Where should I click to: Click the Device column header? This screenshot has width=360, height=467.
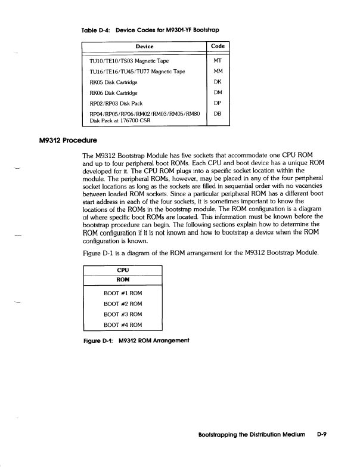[144, 47]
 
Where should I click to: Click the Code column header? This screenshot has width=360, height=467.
[218, 47]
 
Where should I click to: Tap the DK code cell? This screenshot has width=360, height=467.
[218, 82]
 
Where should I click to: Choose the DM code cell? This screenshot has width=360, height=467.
[218, 92]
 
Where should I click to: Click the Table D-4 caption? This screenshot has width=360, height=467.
[156, 29]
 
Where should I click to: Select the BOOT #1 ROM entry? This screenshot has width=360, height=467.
[123, 293]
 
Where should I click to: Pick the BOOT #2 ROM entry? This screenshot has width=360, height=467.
[123, 304]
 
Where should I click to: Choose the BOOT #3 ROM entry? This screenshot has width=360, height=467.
[123, 314]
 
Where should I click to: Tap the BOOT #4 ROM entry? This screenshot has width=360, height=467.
[123, 325]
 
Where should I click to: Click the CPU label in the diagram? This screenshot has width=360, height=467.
[123, 270]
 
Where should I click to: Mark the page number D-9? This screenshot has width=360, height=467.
[322, 435]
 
